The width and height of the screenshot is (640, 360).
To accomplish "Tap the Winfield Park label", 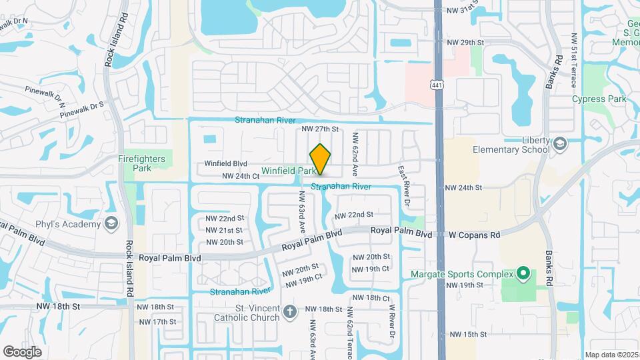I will [288, 171].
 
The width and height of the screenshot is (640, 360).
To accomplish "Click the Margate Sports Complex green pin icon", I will [523, 274].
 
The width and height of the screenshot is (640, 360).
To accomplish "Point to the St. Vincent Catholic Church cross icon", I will [289, 311].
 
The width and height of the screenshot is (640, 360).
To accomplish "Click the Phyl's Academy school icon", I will [111, 223].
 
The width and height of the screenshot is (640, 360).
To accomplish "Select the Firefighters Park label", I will [144, 163].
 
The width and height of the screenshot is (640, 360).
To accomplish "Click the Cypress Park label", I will [599, 99].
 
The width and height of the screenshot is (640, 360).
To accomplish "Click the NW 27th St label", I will [321, 129].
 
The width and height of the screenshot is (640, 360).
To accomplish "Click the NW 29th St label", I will [464, 43].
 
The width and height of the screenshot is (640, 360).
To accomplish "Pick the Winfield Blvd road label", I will [225, 163].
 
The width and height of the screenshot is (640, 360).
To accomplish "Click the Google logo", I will [22, 351].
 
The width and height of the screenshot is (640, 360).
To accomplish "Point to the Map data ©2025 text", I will [611, 355].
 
